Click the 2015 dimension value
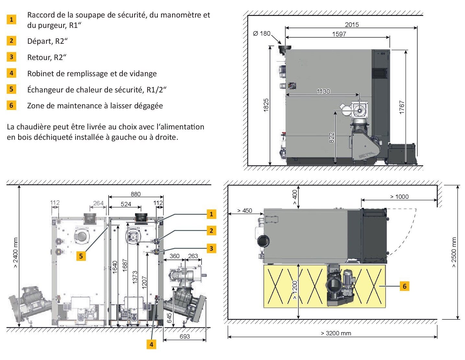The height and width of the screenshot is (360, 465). [352, 25]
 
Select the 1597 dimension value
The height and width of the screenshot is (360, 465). [339, 34]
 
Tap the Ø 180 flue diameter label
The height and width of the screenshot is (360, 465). [262, 33]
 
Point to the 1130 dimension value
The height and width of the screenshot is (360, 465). [323, 91]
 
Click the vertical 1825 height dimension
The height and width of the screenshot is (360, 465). [266, 105]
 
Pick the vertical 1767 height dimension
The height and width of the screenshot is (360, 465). [402, 107]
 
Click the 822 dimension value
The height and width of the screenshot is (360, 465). [331, 138]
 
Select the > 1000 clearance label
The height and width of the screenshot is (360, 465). [399, 197]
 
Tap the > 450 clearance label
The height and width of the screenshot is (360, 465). [245, 211]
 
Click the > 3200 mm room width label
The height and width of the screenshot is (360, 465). [336, 333]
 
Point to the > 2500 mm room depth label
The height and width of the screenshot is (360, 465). [454, 252]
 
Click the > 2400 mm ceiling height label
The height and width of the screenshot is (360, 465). [16, 253]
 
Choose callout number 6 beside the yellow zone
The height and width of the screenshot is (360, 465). [404, 286]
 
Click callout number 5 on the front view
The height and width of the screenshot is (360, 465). [81, 256]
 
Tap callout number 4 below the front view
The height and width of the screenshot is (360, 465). [151, 344]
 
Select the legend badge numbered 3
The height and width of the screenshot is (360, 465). [11, 57]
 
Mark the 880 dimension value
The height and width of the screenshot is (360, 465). [135, 194]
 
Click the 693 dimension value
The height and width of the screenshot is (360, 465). [185, 336]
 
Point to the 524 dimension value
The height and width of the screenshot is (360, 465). [126, 204]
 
